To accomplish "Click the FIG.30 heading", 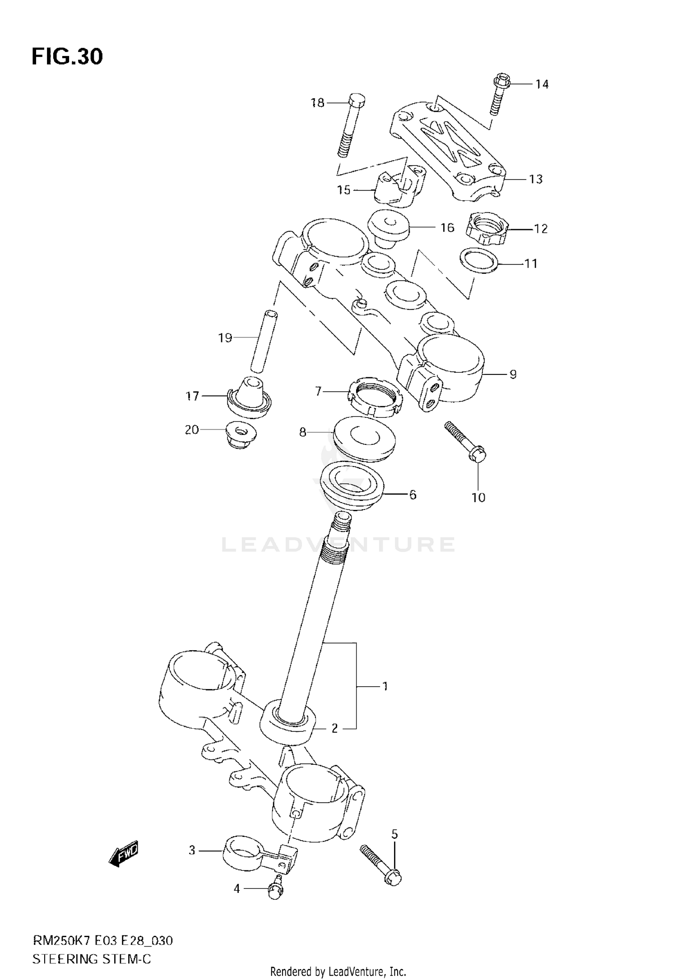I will (x=67, y=57).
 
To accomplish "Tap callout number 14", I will (x=542, y=84).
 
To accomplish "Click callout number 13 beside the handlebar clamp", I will (x=535, y=179).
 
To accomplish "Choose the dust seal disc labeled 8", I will (x=364, y=439).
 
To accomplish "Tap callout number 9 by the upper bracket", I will (x=513, y=374).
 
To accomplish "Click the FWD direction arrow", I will (x=123, y=854).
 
